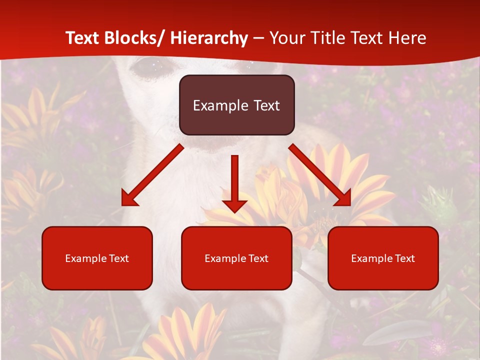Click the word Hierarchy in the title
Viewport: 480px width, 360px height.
[209, 38]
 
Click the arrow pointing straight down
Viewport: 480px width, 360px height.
[234, 180]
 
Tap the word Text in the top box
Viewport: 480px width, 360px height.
[265, 105]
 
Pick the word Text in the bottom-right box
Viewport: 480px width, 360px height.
[404, 258]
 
